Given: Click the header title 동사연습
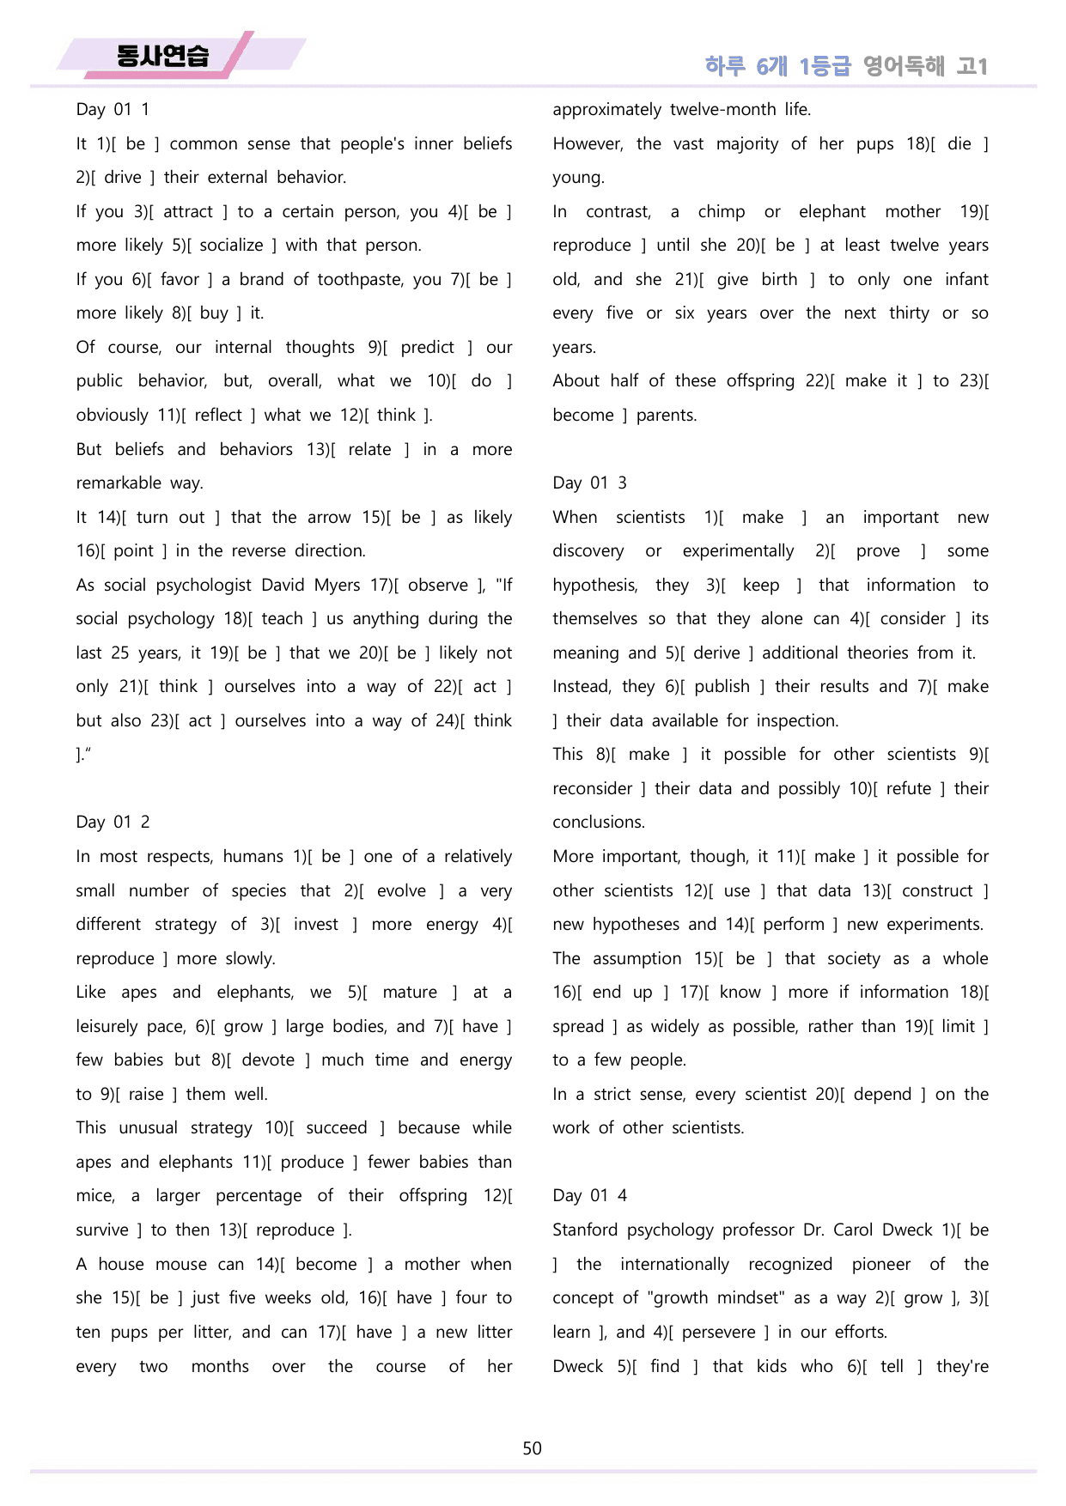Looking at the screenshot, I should pos(162,57).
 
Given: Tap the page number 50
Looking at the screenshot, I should pos(532,1448).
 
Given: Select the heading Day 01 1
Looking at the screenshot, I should pos(113,109).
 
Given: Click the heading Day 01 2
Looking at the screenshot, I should pos(113,822).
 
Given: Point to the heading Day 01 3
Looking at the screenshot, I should pos(589,483).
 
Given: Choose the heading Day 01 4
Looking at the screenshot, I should pos(589,1195).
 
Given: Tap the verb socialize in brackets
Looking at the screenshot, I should pos(231,245).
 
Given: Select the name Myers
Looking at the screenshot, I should pos(337,585).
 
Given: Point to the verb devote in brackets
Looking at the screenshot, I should pos(268,1060).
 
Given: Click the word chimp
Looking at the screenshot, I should pos(721,211).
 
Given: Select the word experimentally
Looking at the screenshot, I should pos(738,550).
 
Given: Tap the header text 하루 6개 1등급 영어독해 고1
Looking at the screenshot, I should pos(846,66).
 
